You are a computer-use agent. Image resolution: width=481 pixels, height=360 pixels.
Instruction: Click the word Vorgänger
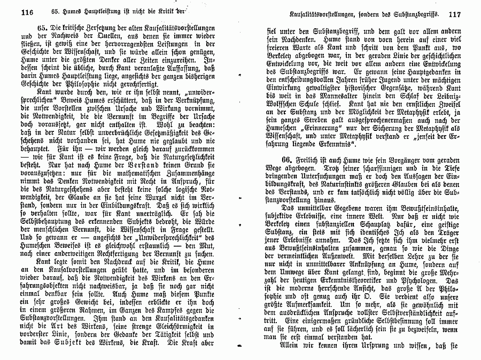click(x=399, y=161)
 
